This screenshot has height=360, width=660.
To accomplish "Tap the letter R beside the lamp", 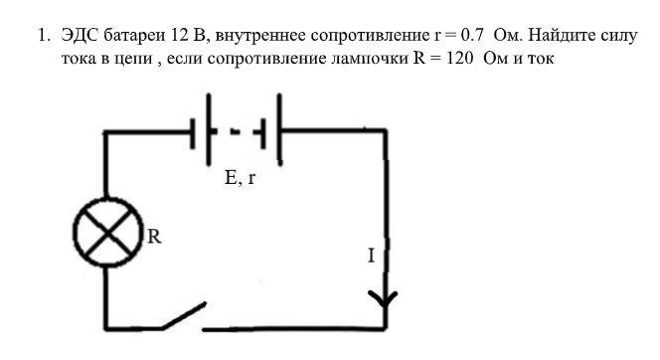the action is click(154, 237).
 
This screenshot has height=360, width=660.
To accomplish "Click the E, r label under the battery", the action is click(240, 178).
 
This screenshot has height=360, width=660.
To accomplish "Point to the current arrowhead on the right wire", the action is click(383, 299).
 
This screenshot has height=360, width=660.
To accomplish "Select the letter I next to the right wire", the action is click(371, 256).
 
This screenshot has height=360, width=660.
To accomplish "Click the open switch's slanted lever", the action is click(184, 315).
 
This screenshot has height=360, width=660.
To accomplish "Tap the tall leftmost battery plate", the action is click(209, 129).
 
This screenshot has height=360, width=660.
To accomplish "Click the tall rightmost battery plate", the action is click(279, 129).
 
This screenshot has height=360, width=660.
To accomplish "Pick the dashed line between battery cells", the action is click(236, 132).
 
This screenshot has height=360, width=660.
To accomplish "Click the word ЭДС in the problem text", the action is click(80, 35).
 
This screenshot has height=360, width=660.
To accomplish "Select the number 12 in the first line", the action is click(180, 35).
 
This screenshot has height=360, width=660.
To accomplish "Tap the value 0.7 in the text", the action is click(472, 35).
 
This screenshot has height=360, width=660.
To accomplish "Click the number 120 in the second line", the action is click(459, 58).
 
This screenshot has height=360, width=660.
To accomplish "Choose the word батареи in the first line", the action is click(135, 35).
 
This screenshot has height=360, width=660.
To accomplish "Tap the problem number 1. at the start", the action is click(44, 35).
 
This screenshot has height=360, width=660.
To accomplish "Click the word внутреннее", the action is click(260, 36).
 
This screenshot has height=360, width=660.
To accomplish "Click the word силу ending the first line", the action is click(618, 36).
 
